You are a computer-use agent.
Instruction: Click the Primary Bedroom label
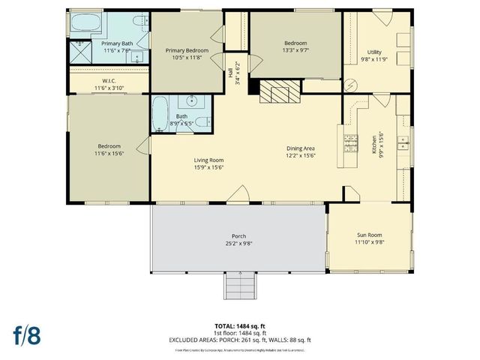tap(186, 49)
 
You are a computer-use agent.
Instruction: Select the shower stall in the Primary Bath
tap(77, 51)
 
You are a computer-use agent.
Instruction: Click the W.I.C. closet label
tap(109, 80)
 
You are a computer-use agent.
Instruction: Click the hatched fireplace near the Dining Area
tap(278, 93)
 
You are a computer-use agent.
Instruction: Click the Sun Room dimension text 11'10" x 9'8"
tap(369, 241)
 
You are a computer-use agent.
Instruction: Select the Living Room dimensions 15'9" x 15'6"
tap(209, 166)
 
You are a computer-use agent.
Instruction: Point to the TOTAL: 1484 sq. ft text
tap(240, 326)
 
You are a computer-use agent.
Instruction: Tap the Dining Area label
tap(302, 148)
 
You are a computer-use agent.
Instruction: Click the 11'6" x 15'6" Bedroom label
tap(109, 149)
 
